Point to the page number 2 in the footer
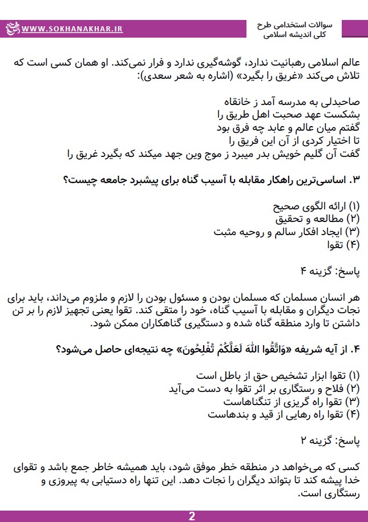tap(192, 516)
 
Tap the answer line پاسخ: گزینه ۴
tap(331, 271)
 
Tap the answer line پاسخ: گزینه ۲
tap(331, 441)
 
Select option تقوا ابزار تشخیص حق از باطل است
tap(278, 375)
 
